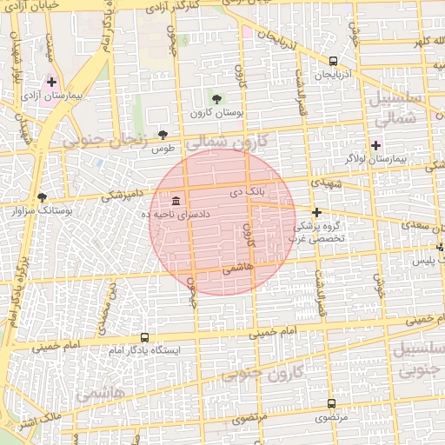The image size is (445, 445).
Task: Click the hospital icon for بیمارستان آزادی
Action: pos(51,81)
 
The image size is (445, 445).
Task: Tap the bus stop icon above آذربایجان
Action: pos(333,61)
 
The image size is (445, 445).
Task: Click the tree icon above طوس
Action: pos(163,134)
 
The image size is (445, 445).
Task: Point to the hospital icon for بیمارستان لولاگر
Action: pos(375,144)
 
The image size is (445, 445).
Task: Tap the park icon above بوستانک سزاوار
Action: pos(42,197)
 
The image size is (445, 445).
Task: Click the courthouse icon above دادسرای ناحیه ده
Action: pos(176,201)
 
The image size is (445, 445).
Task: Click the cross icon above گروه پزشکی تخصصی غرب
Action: pos(316,213)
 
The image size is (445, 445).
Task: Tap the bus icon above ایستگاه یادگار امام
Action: pos(144,337)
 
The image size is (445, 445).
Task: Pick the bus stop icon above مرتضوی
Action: pos(331,403)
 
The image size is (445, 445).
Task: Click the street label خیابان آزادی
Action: pos(36,9)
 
